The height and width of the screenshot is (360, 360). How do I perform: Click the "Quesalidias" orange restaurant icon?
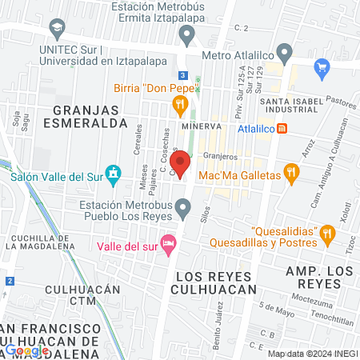326,234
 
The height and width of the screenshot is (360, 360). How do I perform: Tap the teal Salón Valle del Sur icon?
114,172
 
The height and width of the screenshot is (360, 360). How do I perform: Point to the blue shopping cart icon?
322,67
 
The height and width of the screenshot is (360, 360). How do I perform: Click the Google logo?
26,350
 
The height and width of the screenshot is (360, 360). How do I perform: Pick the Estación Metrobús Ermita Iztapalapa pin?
187,33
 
